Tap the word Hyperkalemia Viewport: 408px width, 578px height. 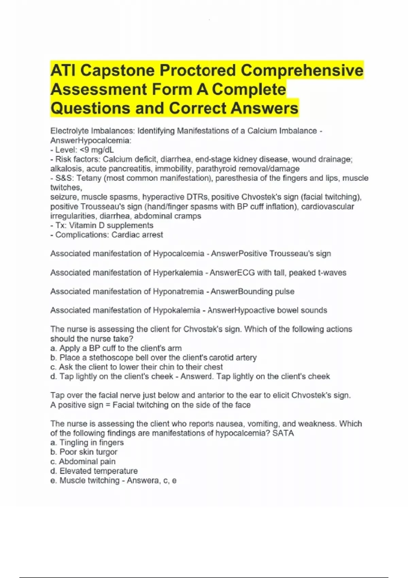click(x=178, y=273)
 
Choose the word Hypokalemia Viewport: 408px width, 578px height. click(x=176, y=310)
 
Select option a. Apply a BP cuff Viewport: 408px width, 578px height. click(x=116, y=348)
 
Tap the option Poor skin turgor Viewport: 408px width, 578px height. click(x=88, y=452)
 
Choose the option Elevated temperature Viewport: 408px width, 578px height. click(x=98, y=471)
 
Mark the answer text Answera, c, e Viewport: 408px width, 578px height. click(x=151, y=481)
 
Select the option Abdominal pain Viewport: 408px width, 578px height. click(x=87, y=462)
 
